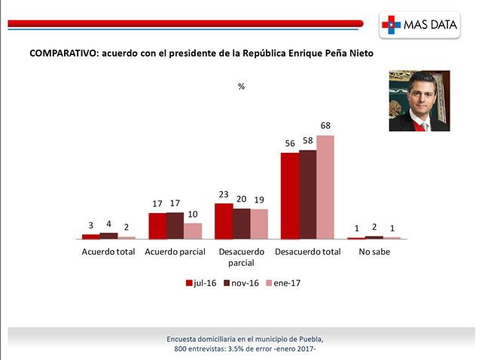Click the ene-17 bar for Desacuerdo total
(x=325, y=187)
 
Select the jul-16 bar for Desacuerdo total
(x=289, y=196)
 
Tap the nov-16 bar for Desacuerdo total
(x=307, y=194)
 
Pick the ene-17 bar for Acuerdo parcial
(x=193, y=230)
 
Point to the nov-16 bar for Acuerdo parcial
(x=175, y=225)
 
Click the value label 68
(x=325, y=126)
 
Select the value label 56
(x=289, y=143)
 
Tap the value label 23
(x=224, y=194)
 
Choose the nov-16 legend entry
(x=243, y=283)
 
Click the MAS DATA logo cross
(x=392, y=25)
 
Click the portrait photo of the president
(x=419, y=101)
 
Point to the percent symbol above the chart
(x=241, y=87)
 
